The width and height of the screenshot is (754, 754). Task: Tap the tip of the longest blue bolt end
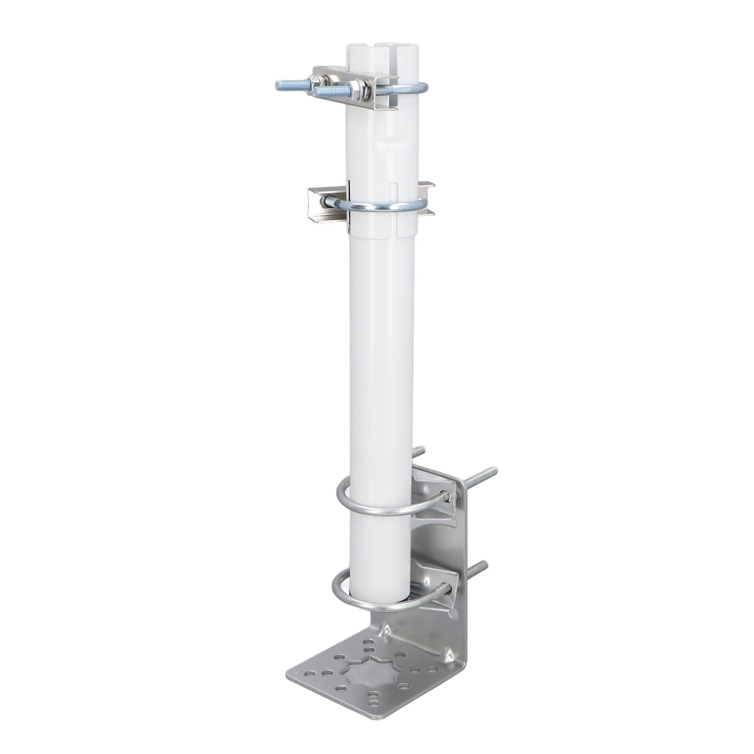(x=278, y=85)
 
